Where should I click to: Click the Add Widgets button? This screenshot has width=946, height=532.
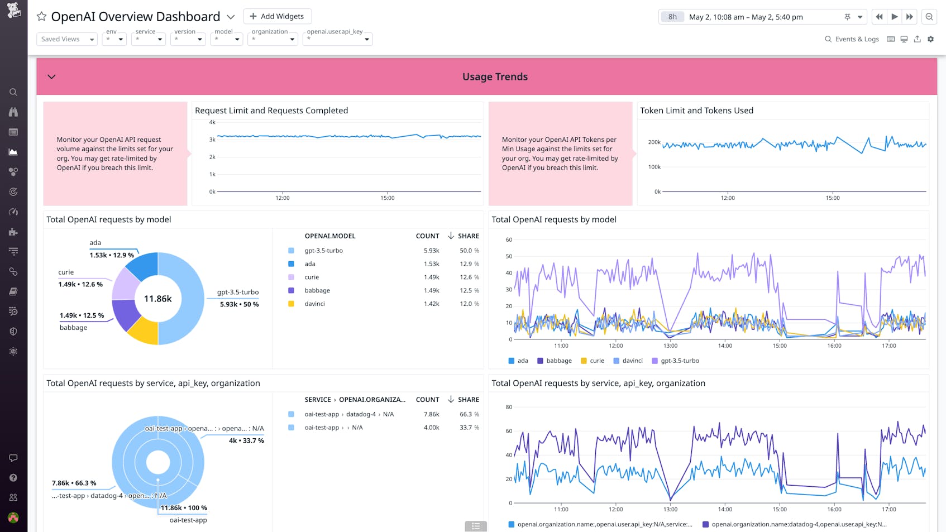click(277, 16)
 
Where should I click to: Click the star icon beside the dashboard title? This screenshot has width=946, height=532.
click(41, 16)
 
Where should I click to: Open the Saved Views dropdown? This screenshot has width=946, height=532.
click(67, 39)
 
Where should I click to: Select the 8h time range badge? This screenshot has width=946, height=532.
click(672, 17)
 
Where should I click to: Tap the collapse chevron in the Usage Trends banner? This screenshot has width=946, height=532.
click(51, 76)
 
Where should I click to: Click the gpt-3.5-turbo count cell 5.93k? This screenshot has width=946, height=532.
click(431, 251)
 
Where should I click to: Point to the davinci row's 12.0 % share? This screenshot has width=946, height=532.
click(469, 304)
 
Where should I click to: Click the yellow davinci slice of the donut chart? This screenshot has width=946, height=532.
click(143, 330)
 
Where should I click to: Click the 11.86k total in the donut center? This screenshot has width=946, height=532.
click(158, 299)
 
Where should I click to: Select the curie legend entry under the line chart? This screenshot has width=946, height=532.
click(593, 361)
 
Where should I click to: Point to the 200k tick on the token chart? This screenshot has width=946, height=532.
click(654, 142)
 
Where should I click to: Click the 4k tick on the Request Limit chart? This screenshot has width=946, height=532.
click(212, 122)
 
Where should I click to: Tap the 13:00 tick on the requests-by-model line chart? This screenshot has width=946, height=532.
click(670, 346)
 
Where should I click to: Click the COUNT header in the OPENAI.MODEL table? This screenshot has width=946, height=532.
click(427, 236)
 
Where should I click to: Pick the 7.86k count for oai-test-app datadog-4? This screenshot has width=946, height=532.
click(431, 414)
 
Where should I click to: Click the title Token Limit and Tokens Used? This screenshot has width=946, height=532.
click(696, 111)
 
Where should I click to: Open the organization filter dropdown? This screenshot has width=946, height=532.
click(273, 39)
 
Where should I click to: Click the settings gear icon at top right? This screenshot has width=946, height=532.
click(930, 39)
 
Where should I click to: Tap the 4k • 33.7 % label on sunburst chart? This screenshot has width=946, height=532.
click(246, 440)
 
